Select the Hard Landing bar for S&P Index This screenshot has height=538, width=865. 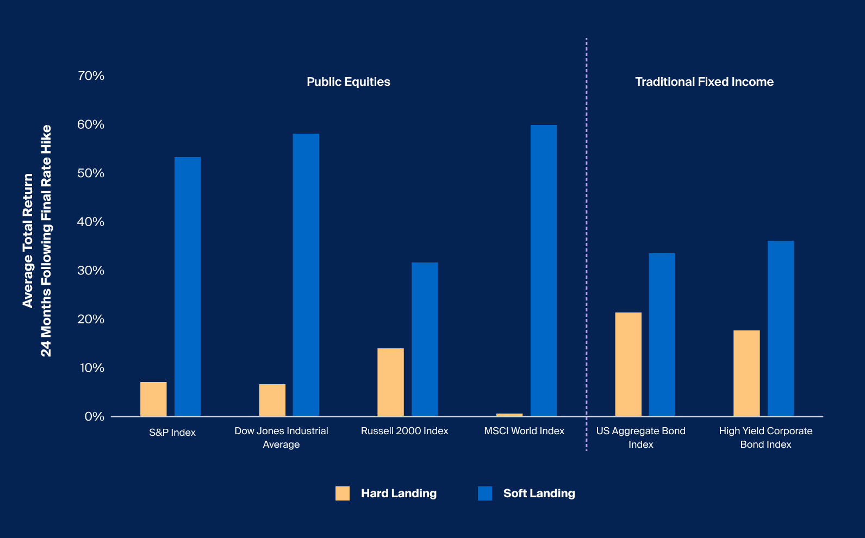[153, 399]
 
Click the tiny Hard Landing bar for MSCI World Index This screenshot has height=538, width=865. [509, 415]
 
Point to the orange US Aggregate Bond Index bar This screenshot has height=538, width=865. [628, 364]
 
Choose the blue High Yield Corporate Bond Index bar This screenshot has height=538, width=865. [780, 328]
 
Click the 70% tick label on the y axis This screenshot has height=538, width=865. [91, 76]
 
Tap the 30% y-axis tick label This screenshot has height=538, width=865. [91, 271]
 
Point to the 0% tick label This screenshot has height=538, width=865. [94, 417]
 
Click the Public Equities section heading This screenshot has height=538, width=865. [348, 82]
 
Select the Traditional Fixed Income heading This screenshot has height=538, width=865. [704, 82]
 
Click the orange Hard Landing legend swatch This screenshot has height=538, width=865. [343, 493]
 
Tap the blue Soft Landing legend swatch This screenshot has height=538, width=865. [484, 493]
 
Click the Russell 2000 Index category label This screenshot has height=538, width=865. [405, 431]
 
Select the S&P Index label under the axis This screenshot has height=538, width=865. [172, 433]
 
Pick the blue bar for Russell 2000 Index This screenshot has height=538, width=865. [425, 339]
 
